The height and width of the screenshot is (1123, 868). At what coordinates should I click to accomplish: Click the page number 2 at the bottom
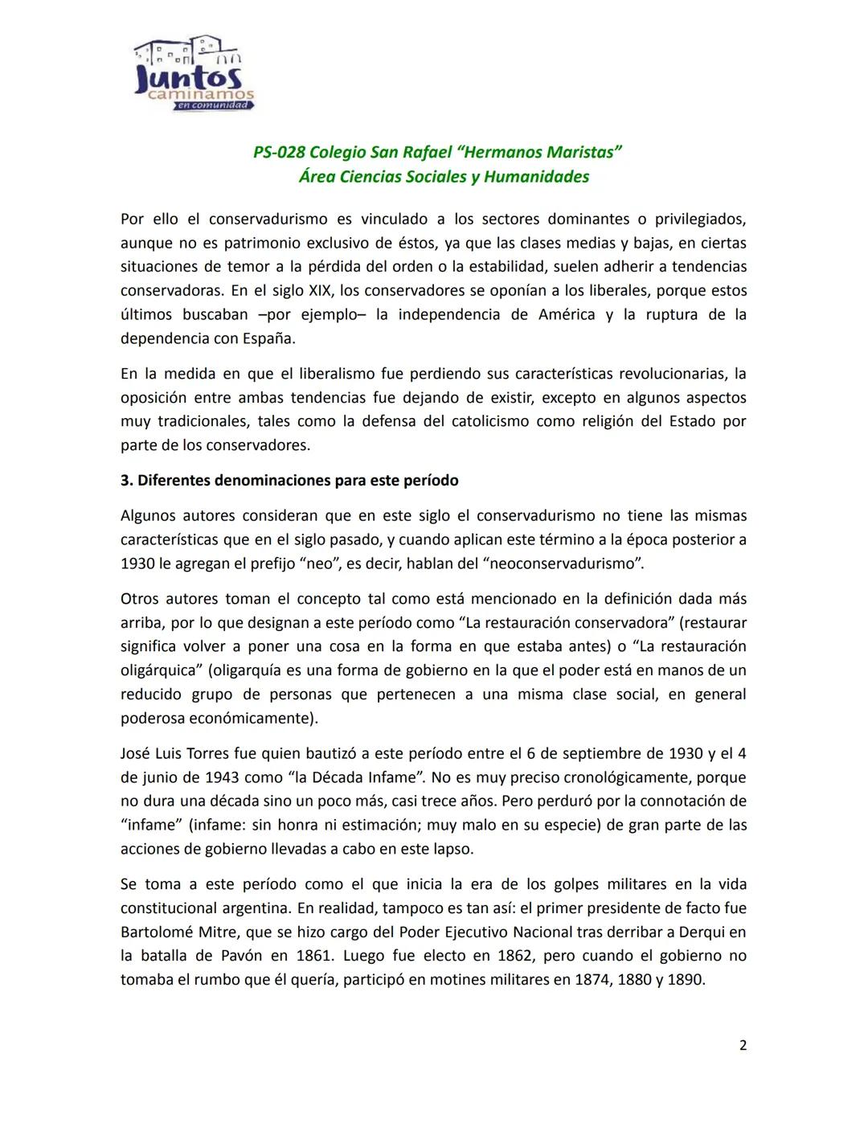[x=743, y=1045]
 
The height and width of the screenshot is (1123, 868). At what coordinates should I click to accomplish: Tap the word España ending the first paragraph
[x=268, y=338]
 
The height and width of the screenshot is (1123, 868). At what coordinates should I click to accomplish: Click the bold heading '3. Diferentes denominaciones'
[x=289, y=481]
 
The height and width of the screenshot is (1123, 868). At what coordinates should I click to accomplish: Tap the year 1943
[x=227, y=777]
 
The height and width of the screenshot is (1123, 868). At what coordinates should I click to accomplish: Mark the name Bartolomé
[x=158, y=932]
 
